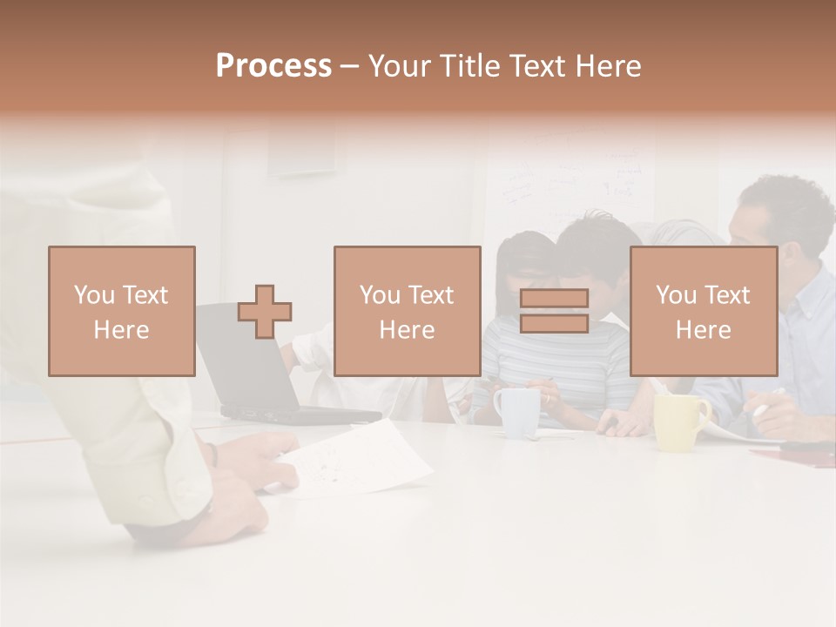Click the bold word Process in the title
coord(273,66)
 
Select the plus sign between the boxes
coord(265,311)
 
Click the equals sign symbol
coord(554,311)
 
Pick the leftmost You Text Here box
coord(122,311)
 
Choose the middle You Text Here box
coord(407,311)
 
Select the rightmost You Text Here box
coord(703,311)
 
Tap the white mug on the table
coord(517,411)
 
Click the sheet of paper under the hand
coord(366,457)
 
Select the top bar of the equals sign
coord(554,298)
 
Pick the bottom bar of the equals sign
coord(554,324)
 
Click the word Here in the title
coord(609,66)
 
